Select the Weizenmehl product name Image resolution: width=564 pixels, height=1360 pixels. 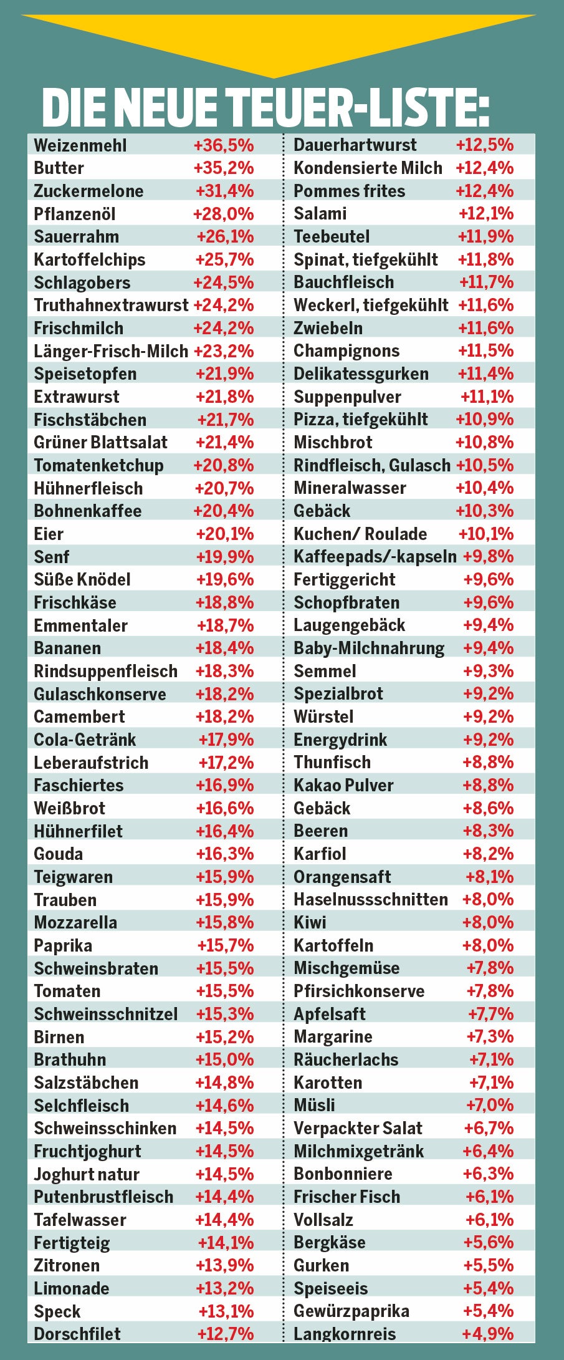(x=80, y=145)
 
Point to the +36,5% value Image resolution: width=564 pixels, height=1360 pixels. (x=224, y=145)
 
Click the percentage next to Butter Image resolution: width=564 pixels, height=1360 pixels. (x=224, y=168)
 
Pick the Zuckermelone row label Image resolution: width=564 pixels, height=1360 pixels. (x=88, y=191)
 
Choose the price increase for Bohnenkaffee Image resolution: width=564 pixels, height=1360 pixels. (x=224, y=511)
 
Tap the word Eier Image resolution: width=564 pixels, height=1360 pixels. (x=49, y=534)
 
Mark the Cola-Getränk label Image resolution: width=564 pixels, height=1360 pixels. (x=85, y=740)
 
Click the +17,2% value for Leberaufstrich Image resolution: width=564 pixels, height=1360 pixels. (x=226, y=763)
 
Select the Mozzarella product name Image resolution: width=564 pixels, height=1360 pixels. (x=75, y=923)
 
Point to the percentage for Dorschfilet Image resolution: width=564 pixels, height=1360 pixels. (x=226, y=1334)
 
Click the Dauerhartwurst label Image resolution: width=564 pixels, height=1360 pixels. (x=355, y=145)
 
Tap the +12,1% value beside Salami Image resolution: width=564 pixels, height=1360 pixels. (x=486, y=214)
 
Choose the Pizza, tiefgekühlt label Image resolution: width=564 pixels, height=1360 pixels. (x=360, y=420)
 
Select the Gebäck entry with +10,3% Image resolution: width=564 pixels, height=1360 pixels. (x=322, y=511)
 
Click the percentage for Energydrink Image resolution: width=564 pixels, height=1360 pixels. (x=489, y=740)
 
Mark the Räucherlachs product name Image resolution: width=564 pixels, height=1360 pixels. (x=346, y=1060)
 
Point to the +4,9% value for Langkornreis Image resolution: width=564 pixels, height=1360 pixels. (x=488, y=1334)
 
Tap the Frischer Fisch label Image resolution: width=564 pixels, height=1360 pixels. (x=347, y=1197)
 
